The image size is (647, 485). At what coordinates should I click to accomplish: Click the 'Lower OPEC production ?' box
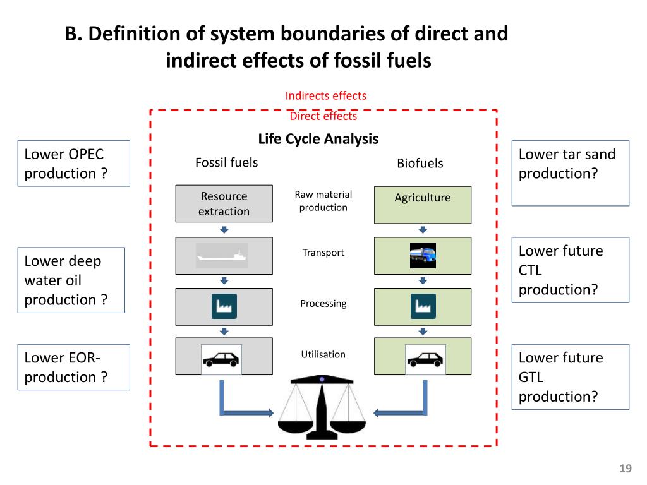pos(73,164)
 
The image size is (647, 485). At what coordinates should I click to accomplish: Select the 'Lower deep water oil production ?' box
pos(71,280)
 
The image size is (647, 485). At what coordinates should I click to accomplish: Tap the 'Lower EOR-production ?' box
pos(73,367)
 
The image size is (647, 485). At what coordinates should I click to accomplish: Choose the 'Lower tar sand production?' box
pos(570,173)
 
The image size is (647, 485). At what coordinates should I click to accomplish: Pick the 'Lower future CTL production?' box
pos(570,270)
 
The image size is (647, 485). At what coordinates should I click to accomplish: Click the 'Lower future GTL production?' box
pos(570,377)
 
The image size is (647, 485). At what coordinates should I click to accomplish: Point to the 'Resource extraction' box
pos(224,203)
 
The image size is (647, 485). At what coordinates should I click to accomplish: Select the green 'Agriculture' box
pos(422,205)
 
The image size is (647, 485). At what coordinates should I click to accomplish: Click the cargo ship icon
pos(222,256)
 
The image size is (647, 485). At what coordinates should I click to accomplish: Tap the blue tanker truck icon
pos(423,256)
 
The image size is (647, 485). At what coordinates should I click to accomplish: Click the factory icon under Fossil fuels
pos(224,306)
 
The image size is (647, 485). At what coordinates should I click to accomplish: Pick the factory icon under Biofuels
pos(423,306)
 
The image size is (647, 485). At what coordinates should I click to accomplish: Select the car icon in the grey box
pos(221,359)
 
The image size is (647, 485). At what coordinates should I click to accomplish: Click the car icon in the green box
pos(425,359)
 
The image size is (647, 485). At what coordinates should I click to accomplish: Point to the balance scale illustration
pos(322,407)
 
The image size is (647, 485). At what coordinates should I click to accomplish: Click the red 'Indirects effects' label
pos(325,96)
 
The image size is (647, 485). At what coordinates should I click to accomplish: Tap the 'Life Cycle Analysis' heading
pos(318,139)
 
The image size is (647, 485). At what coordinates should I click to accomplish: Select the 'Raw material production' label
pos(323,201)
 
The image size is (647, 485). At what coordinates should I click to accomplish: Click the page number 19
pos(626,469)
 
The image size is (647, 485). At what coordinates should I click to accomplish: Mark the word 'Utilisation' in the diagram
pos(323,354)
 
